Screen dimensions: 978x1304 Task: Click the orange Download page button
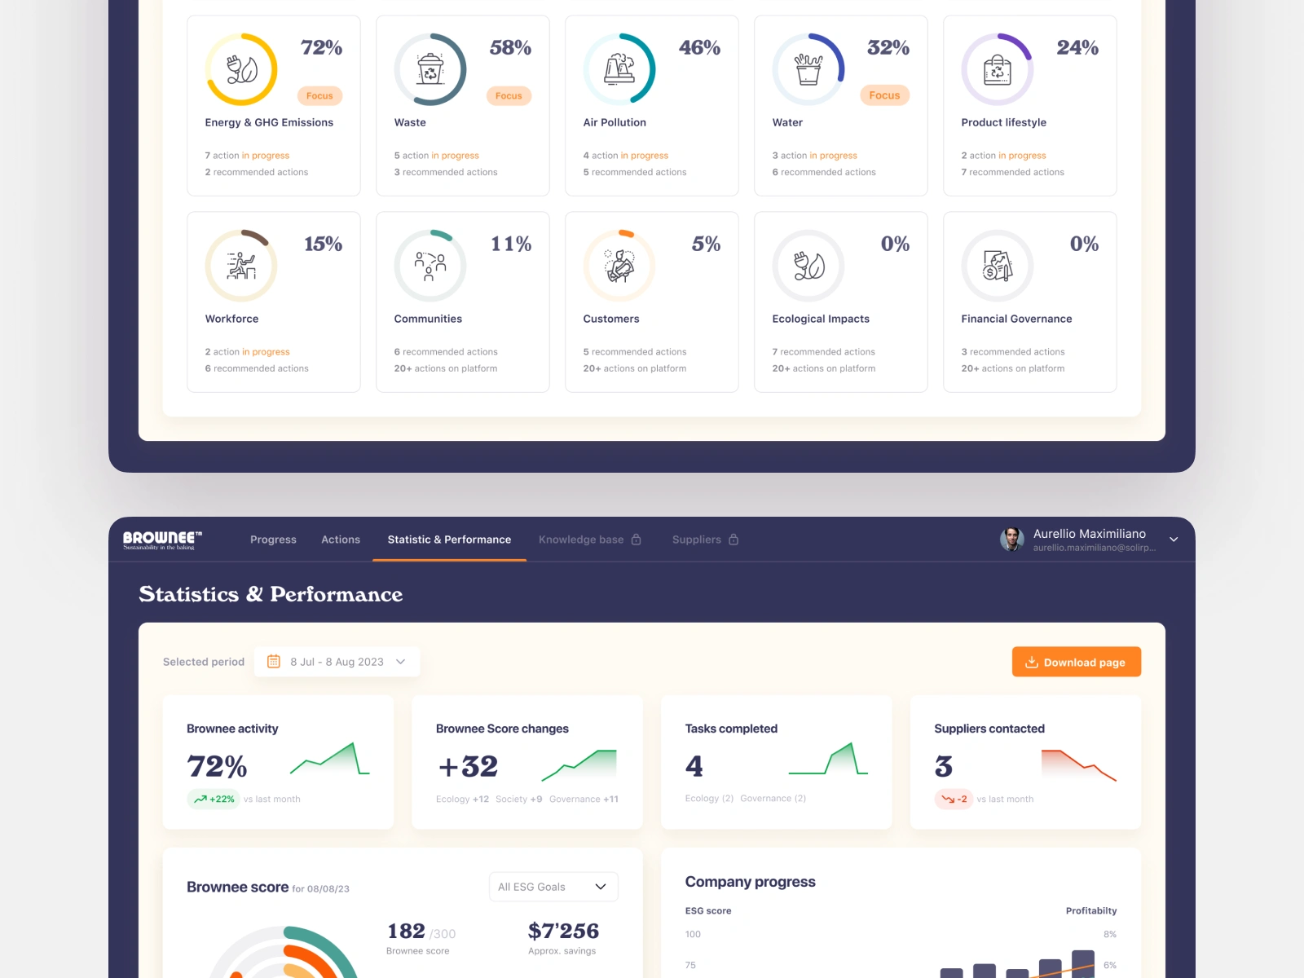(1076, 662)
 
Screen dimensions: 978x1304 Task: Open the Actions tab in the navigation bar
(341, 540)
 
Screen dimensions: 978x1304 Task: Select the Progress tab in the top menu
(273, 540)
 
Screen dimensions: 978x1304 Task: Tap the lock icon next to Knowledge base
(637, 540)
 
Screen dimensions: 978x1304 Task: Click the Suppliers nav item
(697, 540)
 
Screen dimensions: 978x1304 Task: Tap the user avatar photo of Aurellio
(1012, 539)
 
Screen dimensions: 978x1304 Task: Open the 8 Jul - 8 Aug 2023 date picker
(337, 662)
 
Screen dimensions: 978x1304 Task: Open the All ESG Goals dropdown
(553, 887)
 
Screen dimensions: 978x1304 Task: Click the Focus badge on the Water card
(884, 95)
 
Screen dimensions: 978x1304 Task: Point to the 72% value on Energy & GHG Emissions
(321, 48)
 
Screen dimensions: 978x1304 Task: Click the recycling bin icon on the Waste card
(430, 69)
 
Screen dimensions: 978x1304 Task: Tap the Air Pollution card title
(615, 122)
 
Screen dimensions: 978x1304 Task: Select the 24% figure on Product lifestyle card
(1077, 48)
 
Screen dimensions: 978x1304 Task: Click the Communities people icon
(430, 266)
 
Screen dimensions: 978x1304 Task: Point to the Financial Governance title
(1016, 319)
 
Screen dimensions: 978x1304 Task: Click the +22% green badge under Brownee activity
(214, 800)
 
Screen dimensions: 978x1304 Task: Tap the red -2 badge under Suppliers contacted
(954, 800)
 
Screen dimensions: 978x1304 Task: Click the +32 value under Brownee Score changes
(468, 766)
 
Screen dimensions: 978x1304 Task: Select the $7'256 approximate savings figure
(563, 931)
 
